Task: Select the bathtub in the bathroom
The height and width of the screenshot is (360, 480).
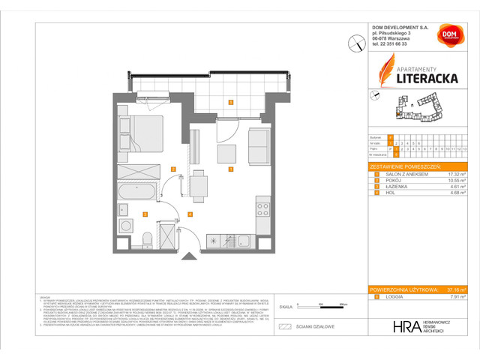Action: pyautogui.click(x=139, y=193)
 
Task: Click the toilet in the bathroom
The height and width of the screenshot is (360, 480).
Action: pyautogui.click(x=147, y=238)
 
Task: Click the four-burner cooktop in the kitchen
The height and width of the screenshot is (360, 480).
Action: pyautogui.click(x=262, y=206)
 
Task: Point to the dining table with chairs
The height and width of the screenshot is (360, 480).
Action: pyautogui.click(x=199, y=184)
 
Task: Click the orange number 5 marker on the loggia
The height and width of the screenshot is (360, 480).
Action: pyautogui.click(x=231, y=102)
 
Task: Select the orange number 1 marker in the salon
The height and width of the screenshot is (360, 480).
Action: pyautogui.click(x=231, y=169)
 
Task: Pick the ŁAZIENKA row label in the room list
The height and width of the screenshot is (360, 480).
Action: pyautogui.click(x=395, y=187)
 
